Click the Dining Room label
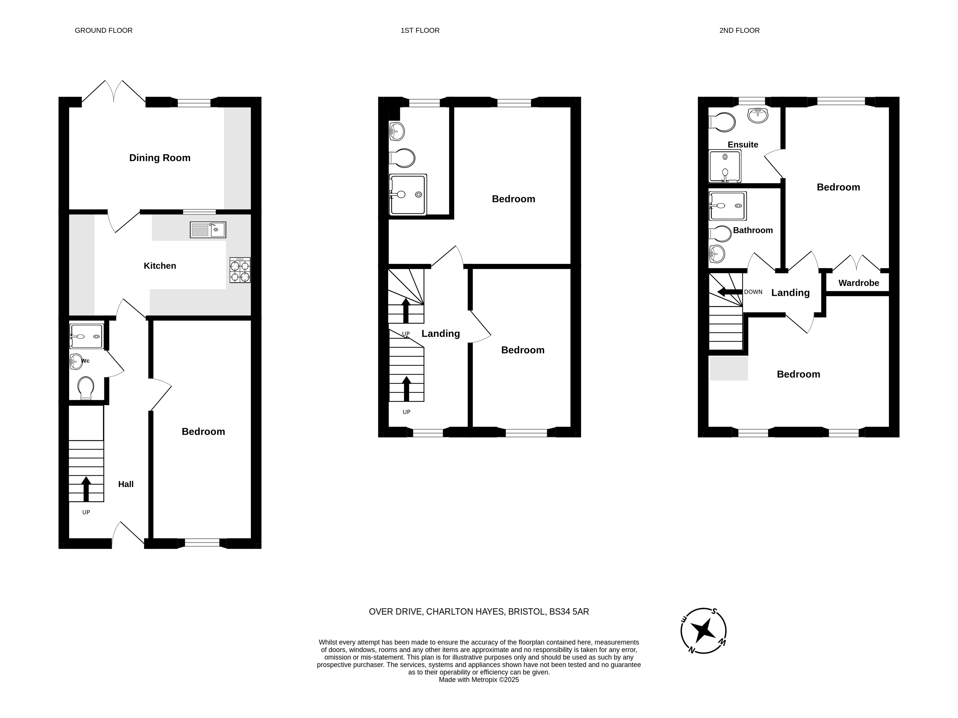(160, 158)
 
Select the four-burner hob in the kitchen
(240, 270)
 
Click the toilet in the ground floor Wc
(86, 388)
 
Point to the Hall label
(126, 484)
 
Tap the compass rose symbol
(703, 631)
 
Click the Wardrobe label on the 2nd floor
(859, 283)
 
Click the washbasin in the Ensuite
(758, 115)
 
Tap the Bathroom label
(753, 230)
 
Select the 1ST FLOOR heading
(420, 30)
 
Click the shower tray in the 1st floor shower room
(408, 195)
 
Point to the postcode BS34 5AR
(569, 612)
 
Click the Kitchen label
(160, 266)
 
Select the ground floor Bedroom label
(203, 432)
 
